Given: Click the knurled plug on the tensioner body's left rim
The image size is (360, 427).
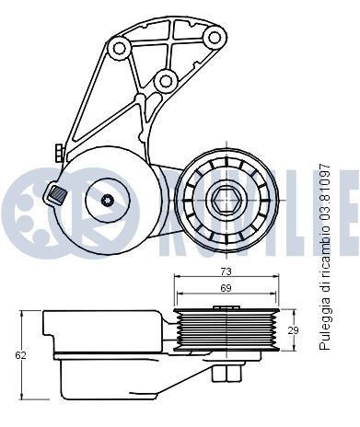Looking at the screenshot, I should click(x=57, y=194).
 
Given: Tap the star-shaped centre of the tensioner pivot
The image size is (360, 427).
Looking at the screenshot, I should click(x=107, y=201).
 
